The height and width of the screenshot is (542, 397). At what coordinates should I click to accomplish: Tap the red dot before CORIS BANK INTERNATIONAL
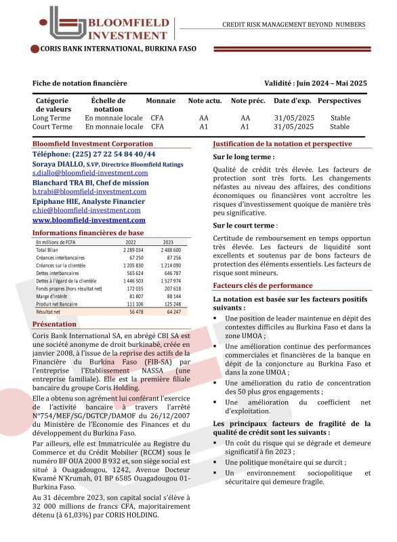click(x=35, y=49)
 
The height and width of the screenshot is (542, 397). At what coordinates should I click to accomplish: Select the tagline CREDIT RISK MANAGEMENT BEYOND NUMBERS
click(x=293, y=25)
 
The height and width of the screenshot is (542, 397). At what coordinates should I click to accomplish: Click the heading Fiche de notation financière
click(x=79, y=83)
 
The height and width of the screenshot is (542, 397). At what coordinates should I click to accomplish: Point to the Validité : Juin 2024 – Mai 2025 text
click(x=316, y=83)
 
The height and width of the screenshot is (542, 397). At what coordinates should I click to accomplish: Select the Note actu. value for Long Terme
click(x=204, y=117)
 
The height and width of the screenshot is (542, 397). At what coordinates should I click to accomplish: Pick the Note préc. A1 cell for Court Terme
click(x=245, y=126)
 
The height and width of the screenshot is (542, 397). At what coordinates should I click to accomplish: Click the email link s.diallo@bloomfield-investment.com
click(x=90, y=173)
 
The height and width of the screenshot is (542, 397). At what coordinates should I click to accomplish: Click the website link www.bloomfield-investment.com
click(x=89, y=220)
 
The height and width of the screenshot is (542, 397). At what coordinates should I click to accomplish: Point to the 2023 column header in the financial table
click(x=168, y=242)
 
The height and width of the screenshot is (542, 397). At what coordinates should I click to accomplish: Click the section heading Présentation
click(x=54, y=325)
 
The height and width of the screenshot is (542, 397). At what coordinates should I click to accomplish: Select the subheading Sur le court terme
click(x=244, y=225)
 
